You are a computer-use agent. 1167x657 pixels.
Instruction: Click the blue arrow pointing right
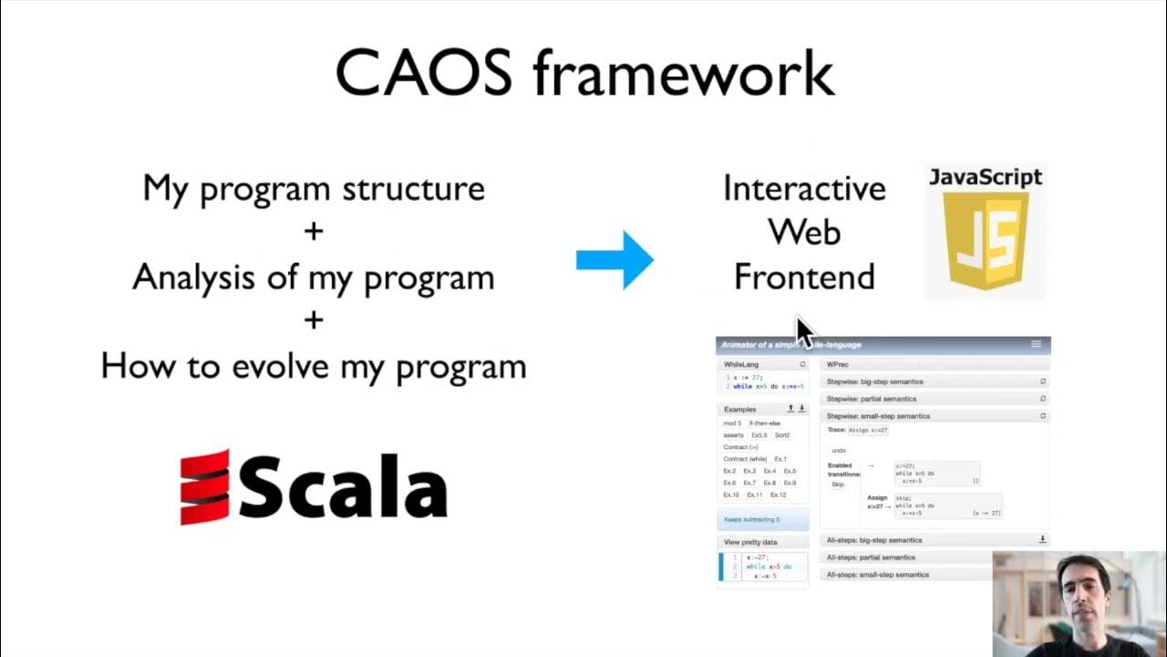(615, 260)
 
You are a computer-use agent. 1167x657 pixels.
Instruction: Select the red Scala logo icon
(204, 487)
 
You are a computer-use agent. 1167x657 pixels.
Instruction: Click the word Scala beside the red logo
(343, 489)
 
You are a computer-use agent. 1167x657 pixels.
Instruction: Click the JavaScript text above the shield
(985, 177)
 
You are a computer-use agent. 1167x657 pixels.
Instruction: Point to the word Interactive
(804, 189)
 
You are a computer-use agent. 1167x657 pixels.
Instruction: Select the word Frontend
(804, 276)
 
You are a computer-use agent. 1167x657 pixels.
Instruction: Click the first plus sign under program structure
(314, 231)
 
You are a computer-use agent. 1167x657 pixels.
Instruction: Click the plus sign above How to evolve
(314, 319)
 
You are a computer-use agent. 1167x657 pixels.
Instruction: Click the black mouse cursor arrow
(804, 332)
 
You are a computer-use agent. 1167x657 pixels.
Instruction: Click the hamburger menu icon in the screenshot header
(1036, 344)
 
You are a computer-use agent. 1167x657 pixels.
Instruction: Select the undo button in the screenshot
(839, 450)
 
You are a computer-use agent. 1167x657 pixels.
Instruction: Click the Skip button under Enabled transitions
(838, 485)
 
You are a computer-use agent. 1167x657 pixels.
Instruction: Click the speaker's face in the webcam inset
(1082, 593)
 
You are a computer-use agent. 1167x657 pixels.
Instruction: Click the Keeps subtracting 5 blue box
(763, 519)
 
